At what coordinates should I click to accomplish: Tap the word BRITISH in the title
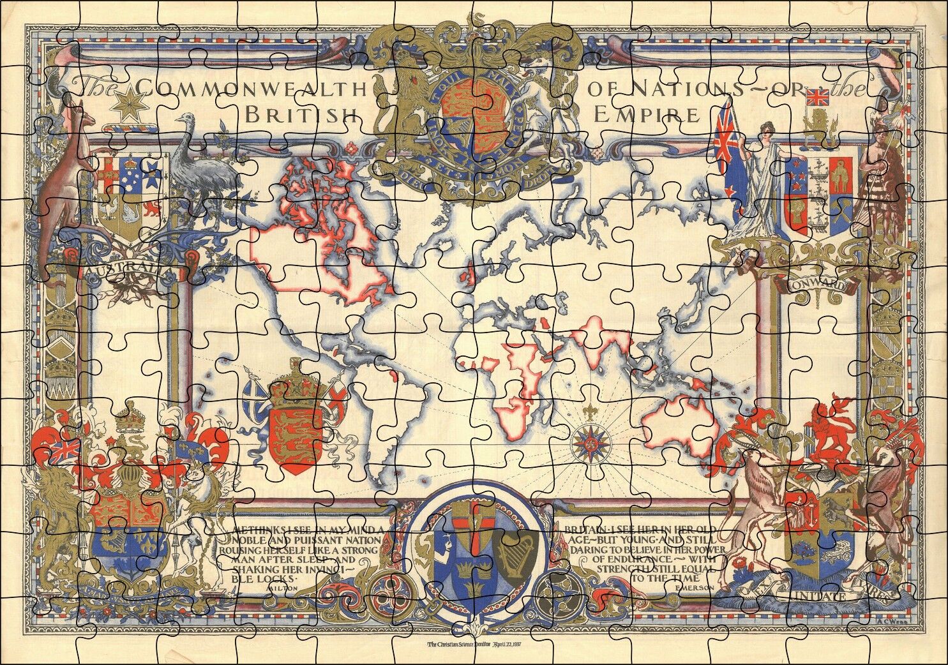tap(300, 115)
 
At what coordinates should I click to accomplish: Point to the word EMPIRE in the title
tap(645, 115)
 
